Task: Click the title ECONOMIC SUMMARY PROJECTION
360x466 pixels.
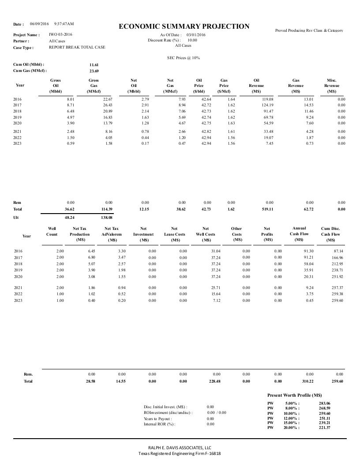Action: pyautogui.click(x=184, y=26)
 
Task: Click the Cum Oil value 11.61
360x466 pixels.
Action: pyautogui.click(x=94, y=64)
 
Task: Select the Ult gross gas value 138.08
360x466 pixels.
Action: pyautogui.click(x=107, y=218)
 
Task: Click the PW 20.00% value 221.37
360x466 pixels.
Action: pyautogui.click(x=324, y=428)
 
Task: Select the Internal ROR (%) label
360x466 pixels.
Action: pyautogui.click(x=159, y=424)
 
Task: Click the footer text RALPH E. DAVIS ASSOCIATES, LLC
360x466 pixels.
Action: pyautogui.click(x=180, y=447)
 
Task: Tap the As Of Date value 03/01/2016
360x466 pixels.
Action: pyautogui.click(x=196, y=34)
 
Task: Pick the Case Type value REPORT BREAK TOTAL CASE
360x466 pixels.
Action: pyautogui.click(x=77, y=47)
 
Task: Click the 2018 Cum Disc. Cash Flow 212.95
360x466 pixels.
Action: pyautogui.click(x=336, y=263)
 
